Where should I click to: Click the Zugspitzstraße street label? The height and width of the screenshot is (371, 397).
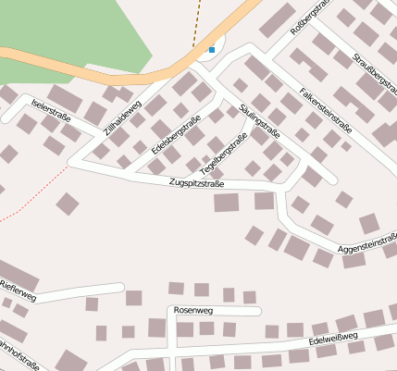click(x=197, y=183)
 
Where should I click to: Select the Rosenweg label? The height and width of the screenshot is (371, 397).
click(x=192, y=310)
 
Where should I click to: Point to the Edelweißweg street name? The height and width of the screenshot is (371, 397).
click(x=334, y=342)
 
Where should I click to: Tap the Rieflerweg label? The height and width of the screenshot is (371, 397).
click(x=18, y=290)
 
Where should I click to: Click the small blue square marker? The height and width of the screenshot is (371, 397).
click(x=212, y=49)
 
